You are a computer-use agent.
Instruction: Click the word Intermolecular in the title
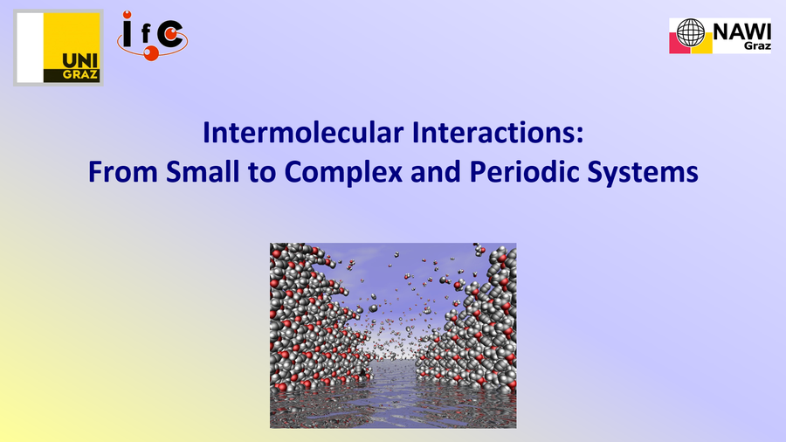303,132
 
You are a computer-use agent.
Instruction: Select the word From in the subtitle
123,172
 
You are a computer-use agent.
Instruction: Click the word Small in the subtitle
203,172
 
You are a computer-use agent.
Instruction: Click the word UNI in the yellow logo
80,61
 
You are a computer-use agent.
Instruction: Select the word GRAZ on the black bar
80,75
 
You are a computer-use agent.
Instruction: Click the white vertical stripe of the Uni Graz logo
30,48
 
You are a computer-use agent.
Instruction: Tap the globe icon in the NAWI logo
690,32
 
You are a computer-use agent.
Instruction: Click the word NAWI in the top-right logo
741,32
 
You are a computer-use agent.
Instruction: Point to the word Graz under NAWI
757,45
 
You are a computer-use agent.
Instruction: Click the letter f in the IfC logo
146,34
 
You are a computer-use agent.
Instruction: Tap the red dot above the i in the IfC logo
128,15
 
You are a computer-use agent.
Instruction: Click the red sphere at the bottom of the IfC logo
151,53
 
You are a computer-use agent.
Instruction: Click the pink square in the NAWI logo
679,46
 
